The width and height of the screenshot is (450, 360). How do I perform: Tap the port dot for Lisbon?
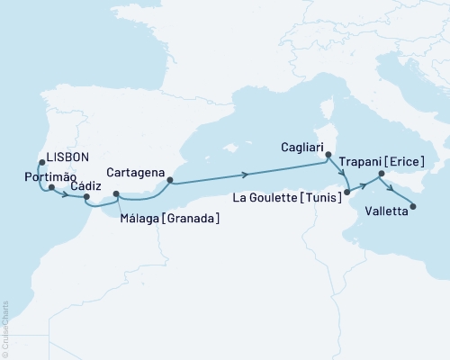click(x=41, y=163)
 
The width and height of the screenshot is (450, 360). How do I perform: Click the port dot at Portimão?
click(x=52, y=188)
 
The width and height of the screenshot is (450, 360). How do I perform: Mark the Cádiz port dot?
click(x=86, y=195)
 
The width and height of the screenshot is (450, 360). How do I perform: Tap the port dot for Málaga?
click(x=116, y=193)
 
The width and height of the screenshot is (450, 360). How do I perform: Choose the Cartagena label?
click(x=135, y=172)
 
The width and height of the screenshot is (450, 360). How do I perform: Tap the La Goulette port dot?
click(x=347, y=191)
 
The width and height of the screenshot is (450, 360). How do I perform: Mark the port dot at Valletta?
click(x=413, y=207)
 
